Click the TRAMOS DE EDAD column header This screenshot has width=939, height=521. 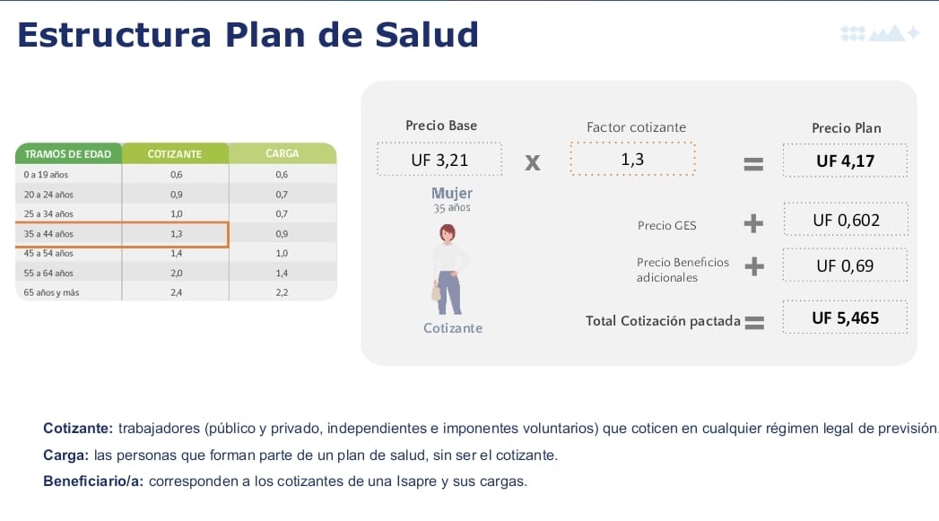(x=68, y=154)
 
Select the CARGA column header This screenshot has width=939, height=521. (x=283, y=153)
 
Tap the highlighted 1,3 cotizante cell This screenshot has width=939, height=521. (x=176, y=234)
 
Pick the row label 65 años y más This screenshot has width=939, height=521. (x=51, y=293)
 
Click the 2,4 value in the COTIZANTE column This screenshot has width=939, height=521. (x=176, y=293)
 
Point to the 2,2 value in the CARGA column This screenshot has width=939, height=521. (x=282, y=293)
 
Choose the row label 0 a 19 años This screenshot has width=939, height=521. (x=46, y=175)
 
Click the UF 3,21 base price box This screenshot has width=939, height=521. (x=439, y=160)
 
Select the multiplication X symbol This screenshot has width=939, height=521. (x=533, y=163)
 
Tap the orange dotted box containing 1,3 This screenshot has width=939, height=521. (x=632, y=159)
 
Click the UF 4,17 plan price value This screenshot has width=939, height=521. (x=845, y=161)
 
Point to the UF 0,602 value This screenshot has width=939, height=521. (x=847, y=221)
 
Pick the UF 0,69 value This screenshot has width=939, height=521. (x=845, y=266)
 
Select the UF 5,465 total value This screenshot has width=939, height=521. (x=845, y=318)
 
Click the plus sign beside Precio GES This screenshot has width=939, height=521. (x=753, y=224)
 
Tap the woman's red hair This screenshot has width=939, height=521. (x=448, y=230)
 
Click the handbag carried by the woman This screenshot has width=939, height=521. (x=436, y=291)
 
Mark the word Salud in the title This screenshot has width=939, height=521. (x=427, y=35)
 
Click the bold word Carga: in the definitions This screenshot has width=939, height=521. (x=65, y=456)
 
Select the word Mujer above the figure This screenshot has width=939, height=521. (x=452, y=194)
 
